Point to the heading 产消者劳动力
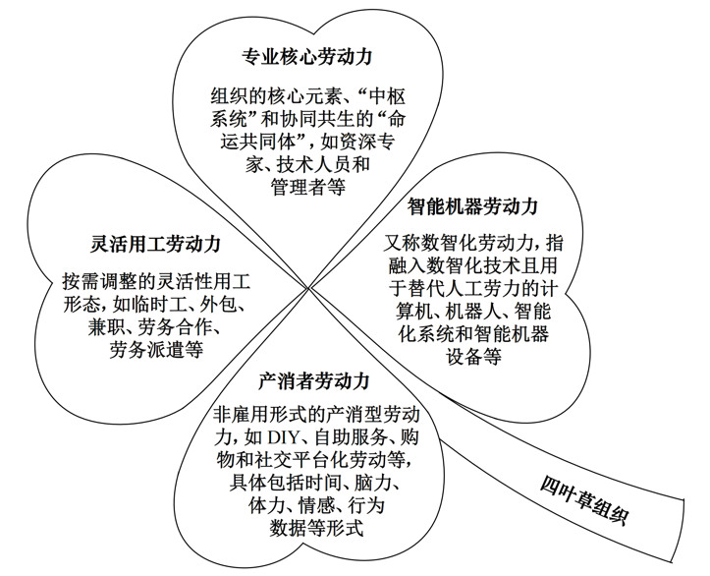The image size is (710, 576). click(313, 380)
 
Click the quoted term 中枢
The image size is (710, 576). click(398, 96)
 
